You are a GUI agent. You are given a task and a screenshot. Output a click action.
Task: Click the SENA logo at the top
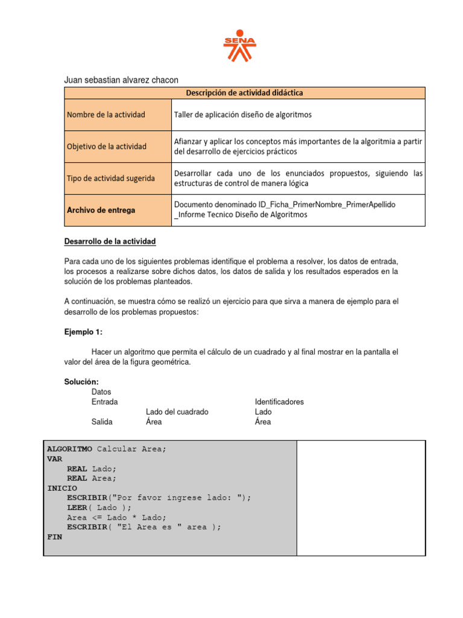(x=239, y=45)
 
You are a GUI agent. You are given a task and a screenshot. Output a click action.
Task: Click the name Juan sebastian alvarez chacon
(x=121, y=80)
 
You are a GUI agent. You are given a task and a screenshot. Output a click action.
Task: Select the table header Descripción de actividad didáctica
(x=244, y=93)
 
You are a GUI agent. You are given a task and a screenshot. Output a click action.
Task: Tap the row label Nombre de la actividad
(x=106, y=115)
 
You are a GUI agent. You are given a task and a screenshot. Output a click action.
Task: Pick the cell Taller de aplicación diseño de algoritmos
(x=243, y=115)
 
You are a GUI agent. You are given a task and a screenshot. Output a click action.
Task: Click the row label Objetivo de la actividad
(x=107, y=147)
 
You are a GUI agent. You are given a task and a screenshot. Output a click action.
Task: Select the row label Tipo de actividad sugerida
(x=110, y=178)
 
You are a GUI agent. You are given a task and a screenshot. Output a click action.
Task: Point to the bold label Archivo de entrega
(x=101, y=210)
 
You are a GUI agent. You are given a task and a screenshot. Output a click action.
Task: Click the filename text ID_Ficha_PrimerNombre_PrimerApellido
(x=285, y=205)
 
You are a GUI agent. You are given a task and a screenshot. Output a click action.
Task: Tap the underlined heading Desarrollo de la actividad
(x=110, y=241)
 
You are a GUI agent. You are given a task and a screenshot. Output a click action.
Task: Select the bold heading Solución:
(x=81, y=382)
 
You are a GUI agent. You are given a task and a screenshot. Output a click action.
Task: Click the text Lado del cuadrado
(x=177, y=412)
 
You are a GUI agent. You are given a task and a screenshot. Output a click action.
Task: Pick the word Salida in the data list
(x=102, y=422)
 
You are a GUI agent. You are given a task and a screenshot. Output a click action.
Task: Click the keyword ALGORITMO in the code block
(x=69, y=449)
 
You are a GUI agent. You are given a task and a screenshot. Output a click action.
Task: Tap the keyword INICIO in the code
(x=62, y=488)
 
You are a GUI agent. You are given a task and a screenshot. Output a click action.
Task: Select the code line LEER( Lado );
(x=99, y=508)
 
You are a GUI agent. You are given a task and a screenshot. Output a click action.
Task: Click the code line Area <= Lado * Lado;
(x=116, y=517)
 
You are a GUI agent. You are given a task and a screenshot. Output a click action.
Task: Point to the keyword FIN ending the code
(x=54, y=536)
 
